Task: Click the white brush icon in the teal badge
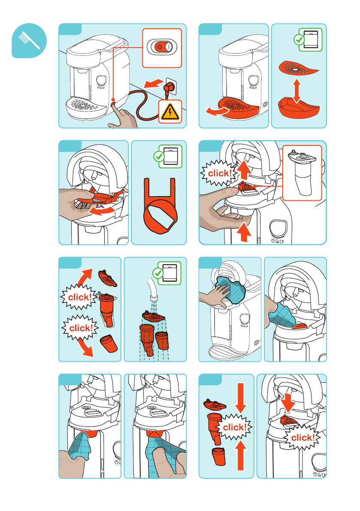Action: coord(29,40)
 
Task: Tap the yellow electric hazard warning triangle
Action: coord(170,112)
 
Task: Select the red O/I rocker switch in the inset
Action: coord(162,47)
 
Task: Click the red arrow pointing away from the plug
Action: coord(154,83)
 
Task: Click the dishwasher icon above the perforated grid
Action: coord(311,39)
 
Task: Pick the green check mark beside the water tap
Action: coord(158,273)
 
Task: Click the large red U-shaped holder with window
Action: coord(160,206)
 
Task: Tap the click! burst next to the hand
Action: coord(219,173)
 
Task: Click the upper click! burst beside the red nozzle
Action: coord(79,297)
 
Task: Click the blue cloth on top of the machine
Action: coord(230,289)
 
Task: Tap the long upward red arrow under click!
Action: coord(240,455)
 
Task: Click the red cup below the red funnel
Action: coord(218,456)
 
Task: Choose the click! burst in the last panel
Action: coord(302,437)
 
